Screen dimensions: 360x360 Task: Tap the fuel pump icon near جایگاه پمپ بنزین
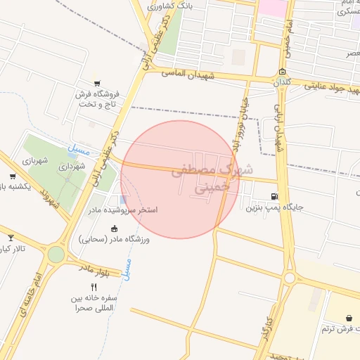point(274,196)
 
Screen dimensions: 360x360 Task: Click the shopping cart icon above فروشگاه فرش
point(96,83)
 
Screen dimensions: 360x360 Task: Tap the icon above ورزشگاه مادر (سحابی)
point(115,228)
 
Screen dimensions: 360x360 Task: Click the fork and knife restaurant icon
point(94,287)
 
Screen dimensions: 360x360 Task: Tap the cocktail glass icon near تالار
point(10,238)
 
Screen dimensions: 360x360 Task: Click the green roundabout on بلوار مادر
point(56,255)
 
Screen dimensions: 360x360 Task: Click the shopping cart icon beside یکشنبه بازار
point(13,176)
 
